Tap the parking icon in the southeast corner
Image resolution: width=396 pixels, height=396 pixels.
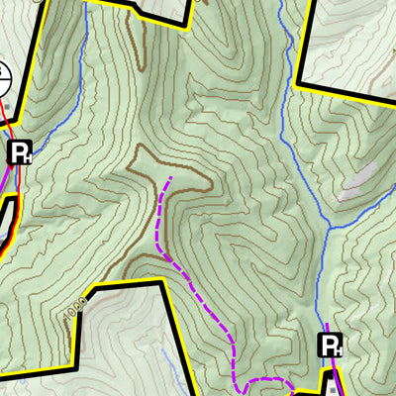[x=330, y=346]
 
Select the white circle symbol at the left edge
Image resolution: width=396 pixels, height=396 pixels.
[x=3, y=75]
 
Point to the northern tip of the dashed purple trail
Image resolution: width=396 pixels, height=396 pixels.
[x=170, y=178]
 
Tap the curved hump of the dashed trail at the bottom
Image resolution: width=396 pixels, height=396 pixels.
[x=267, y=380]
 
